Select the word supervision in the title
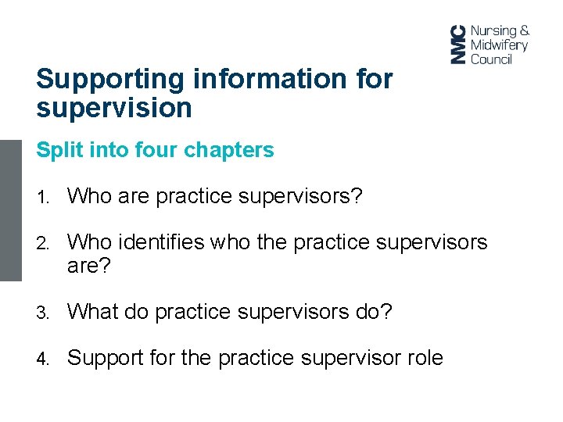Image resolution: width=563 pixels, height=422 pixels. click(114, 108)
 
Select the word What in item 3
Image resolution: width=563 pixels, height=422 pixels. click(92, 312)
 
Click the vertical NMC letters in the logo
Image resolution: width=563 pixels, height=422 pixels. click(458, 44)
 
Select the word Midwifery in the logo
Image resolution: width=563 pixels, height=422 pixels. click(499, 45)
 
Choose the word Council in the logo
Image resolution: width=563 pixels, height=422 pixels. click(490, 59)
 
